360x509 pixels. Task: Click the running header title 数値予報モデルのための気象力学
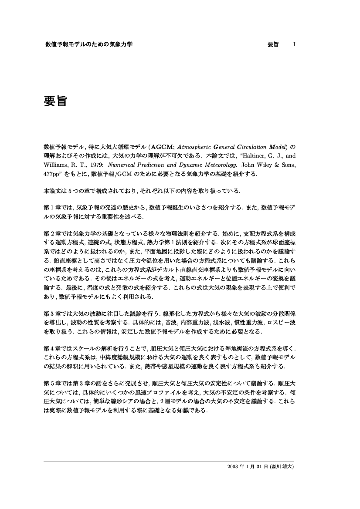tap(88, 44)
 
